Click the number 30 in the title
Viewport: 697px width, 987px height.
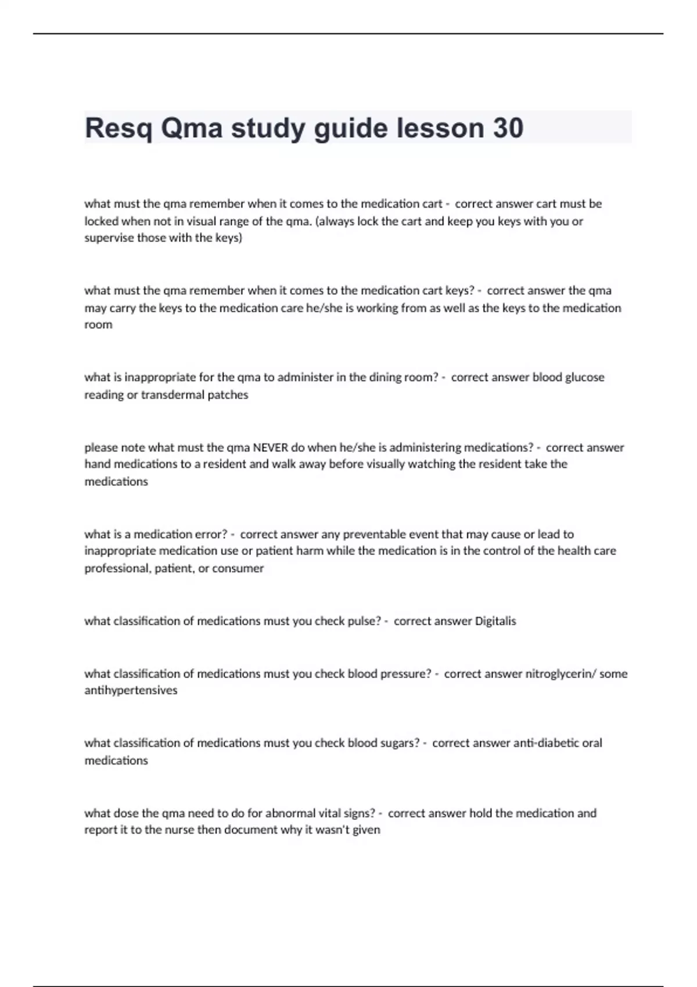pos(508,128)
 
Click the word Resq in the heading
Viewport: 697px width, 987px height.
pos(118,128)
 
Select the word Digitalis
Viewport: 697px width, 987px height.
pos(495,621)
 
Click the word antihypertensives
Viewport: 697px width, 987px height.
pos(131,690)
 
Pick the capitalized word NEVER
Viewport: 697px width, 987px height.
pos(271,447)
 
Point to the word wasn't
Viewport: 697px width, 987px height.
pos(333,830)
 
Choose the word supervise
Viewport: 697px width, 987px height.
pos(109,238)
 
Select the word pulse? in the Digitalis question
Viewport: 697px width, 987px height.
pos(364,621)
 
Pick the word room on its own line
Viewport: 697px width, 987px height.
pos(98,325)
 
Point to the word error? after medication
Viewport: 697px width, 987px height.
pos(211,534)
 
